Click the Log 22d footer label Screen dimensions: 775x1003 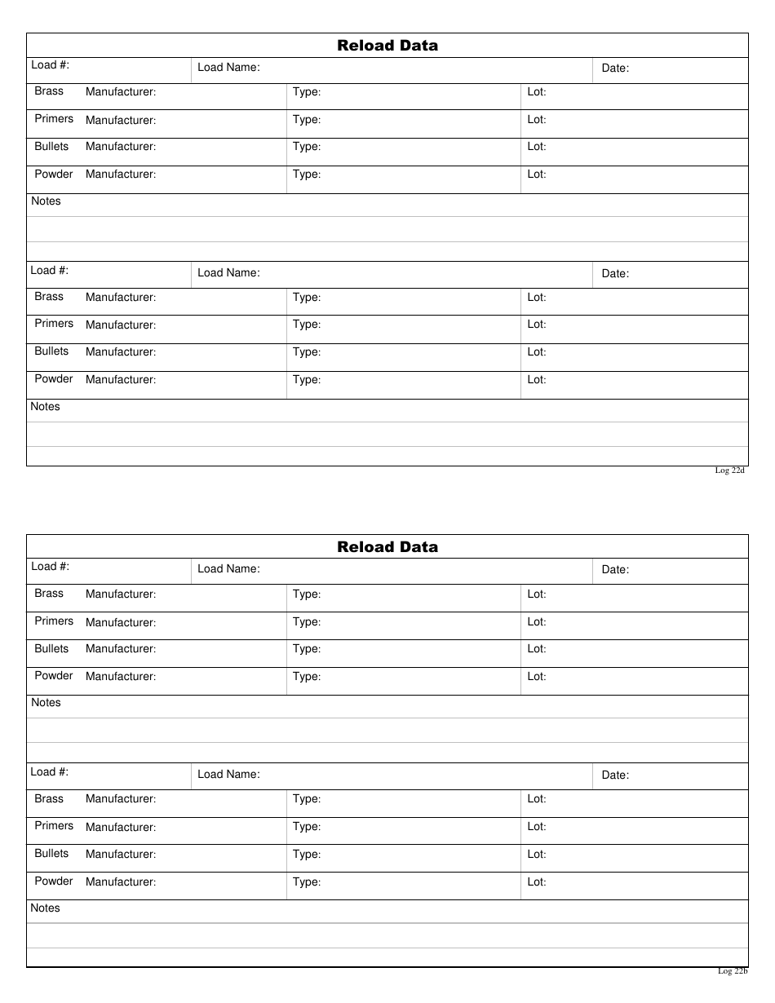pyautogui.click(x=730, y=471)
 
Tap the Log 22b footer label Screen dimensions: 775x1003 pyautogui.click(x=733, y=971)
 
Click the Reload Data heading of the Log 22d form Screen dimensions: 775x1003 pyautogui.click(x=387, y=46)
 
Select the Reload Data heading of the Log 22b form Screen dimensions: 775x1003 pyautogui.click(x=387, y=547)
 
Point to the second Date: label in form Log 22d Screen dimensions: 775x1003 pyautogui.click(x=615, y=274)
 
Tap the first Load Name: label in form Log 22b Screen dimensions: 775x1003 pyautogui.click(x=228, y=569)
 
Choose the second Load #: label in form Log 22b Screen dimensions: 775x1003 pyautogui.click(x=50, y=771)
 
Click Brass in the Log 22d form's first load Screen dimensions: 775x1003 pyautogui.click(x=49, y=91)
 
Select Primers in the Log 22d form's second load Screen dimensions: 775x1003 pyautogui.click(x=54, y=324)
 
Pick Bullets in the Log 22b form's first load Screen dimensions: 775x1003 pyautogui.click(x=51, y=649)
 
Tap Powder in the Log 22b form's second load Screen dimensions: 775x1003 pyautogui.click(x=54, y=881)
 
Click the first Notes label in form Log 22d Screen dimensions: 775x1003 pyautogui.click(x=46, y=201)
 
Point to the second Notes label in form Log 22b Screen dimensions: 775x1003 pyautogui.click(x=46, y=908)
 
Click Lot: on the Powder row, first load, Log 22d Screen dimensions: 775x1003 pyautogui.click(x=537, y=175)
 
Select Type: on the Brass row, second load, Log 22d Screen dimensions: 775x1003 pyautogui.click(x=307, y=298)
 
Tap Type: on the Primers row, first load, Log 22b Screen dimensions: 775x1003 pyautogui.click(x=307, y=622)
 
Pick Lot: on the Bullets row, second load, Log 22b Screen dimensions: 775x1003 pyautogui.click(x=537, y=855)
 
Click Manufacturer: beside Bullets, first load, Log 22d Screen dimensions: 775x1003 pyautogui.click(x=121, y=147)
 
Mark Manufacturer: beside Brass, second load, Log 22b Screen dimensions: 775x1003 pyautogui.click(x=121, y=799)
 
